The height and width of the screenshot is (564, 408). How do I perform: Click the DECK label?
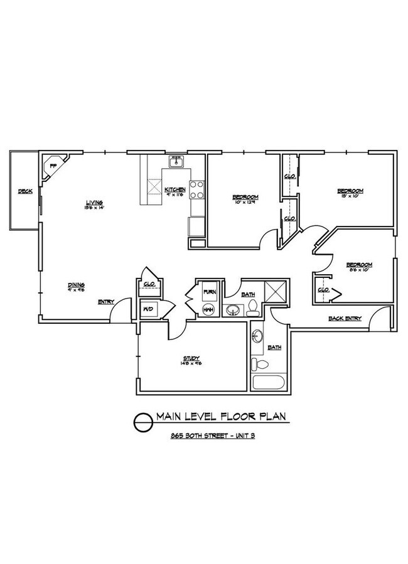click(x=25, y=191)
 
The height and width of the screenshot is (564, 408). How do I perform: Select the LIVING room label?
click(x=95, y=202)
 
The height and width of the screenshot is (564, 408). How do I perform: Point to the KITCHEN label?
click(x=174, y=189)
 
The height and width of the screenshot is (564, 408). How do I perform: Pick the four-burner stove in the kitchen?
click(x=196, y=189)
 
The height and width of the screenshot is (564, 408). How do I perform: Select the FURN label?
click(x=209, y=292)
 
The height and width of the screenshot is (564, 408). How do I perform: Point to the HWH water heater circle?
click(x=209, y=310)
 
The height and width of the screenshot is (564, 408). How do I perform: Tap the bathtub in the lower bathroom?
click(x=268, y=383)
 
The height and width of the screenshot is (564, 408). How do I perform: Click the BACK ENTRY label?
click(x=345, y=318)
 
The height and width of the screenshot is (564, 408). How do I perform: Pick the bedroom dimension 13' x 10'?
click(x=350, y=197)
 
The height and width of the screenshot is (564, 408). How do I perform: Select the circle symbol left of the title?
click(x=143, y=420)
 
